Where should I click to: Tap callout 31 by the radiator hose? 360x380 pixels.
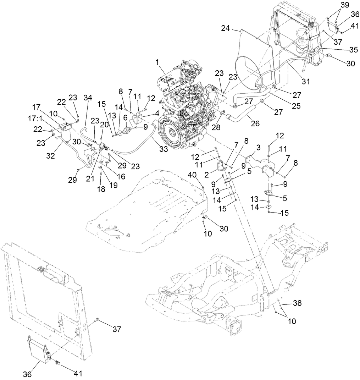(306, 81)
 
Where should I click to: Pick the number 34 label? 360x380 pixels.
(88, 98)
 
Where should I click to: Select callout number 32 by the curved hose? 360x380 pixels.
(51, 155)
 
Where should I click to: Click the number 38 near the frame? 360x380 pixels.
(297, 303)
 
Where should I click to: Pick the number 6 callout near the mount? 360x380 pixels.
(126, 127)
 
